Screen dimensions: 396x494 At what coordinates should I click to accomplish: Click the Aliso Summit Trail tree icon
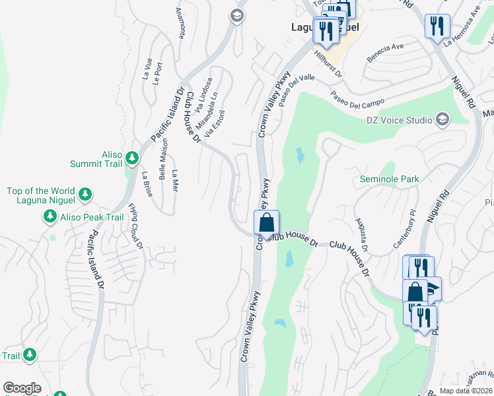click(132, 157)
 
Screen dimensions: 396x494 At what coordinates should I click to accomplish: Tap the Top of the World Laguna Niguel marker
click(84, 194)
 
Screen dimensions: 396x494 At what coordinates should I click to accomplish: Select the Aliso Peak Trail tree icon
click(50, 216)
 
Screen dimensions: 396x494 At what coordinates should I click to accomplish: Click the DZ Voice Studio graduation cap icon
click(441, 119)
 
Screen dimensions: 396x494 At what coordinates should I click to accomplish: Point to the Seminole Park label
click(390, 179)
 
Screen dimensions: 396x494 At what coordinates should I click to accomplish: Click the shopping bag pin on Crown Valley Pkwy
click(266, 222)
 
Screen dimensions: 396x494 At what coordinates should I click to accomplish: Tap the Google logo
click(22, 388)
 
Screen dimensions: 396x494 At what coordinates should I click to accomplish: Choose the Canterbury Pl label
click(406, 228)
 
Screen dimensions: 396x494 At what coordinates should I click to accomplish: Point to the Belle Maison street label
click(162, 159)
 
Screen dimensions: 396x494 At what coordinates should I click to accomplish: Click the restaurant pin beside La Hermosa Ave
click(437, 26)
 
